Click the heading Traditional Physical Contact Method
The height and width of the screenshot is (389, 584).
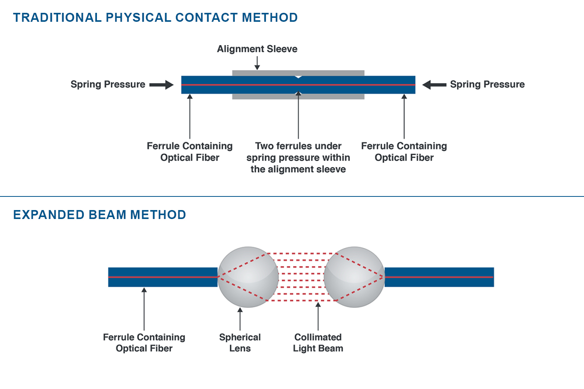click(155, 18)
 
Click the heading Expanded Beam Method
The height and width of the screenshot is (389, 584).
click(100, 215)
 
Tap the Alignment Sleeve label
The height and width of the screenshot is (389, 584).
click(257, 49)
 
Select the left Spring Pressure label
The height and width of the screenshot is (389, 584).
click(108, 84)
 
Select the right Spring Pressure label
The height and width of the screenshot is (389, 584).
click(487, 84)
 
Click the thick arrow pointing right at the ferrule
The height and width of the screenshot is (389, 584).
click(162, 85)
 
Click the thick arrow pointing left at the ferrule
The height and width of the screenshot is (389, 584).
click(434, 85)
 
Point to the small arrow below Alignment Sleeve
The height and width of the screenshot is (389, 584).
click(257, 63)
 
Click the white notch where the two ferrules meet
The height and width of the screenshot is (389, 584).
click(298, 77)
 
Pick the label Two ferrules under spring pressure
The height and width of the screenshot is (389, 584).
click(298, 158)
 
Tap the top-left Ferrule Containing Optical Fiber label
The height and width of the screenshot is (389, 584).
click(190, 152)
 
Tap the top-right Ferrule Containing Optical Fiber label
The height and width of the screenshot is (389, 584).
click(404, 152)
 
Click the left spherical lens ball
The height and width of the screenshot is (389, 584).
click(248, 277)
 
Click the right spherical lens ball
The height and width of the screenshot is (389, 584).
click(354, 277)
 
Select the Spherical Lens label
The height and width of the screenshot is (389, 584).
click(240, 343)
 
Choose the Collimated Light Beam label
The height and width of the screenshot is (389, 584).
click(318, 343)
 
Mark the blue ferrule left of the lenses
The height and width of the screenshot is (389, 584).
click(162, 277)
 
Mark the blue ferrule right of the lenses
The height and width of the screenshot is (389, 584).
click(439, 277)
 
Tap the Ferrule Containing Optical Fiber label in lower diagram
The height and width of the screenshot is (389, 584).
click(144, 343)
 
